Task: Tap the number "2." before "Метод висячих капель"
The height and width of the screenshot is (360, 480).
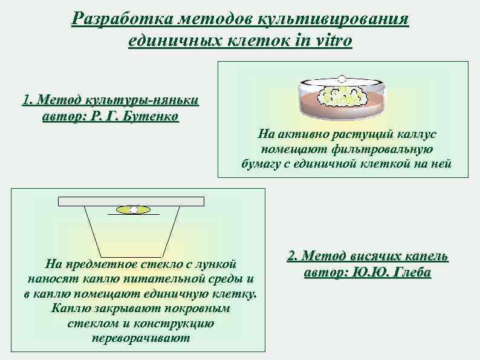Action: [293, 256]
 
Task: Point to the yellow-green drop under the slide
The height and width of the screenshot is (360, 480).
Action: [134, 209]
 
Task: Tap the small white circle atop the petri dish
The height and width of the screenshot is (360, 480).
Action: [341, 78]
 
